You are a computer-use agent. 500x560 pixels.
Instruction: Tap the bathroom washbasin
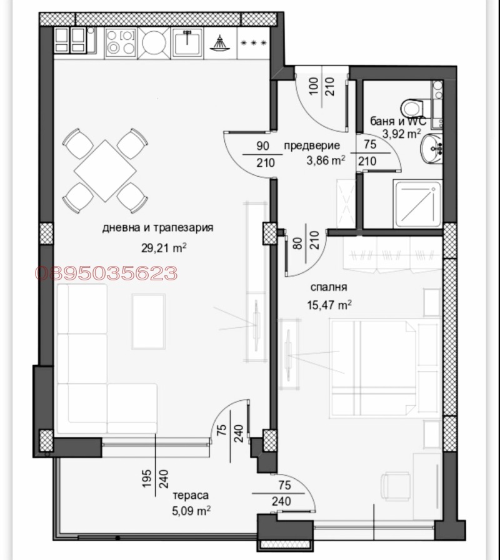point(432,149)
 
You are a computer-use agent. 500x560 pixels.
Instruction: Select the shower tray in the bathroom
point(417,204)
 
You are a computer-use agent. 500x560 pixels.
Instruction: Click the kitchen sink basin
point(187,43)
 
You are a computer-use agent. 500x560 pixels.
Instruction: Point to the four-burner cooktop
point(121,43)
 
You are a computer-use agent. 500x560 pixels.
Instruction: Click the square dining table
point(105,170)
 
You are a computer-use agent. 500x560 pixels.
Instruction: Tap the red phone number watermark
point(106,273)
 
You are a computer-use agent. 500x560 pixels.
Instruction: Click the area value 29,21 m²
point(164,247)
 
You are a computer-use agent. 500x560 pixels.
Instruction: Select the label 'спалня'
point(329,287)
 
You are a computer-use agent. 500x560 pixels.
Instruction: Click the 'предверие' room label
point(312,145)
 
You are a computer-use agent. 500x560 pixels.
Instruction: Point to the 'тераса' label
point(191,495)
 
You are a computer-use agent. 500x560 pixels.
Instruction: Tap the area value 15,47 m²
point(329,305)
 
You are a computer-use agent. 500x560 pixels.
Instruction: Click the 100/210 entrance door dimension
point(321,86)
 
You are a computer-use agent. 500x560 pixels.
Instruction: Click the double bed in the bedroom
point(374,368)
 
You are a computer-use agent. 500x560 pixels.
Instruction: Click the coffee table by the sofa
point(148,321)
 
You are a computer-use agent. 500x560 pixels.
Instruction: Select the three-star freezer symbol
point(254,43)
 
